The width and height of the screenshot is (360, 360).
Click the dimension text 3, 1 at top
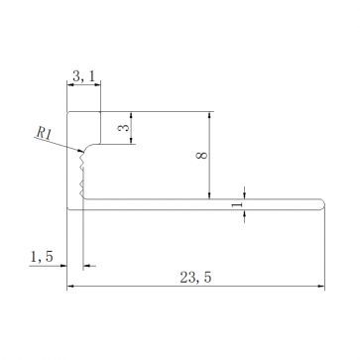point(83,73)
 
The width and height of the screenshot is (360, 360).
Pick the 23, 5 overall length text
point(193,279)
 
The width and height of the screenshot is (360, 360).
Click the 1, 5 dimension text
point(43,256)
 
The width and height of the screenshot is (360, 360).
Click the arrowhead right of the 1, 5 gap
point(89,266)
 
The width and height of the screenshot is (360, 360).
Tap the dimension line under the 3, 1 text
point(83,85)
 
